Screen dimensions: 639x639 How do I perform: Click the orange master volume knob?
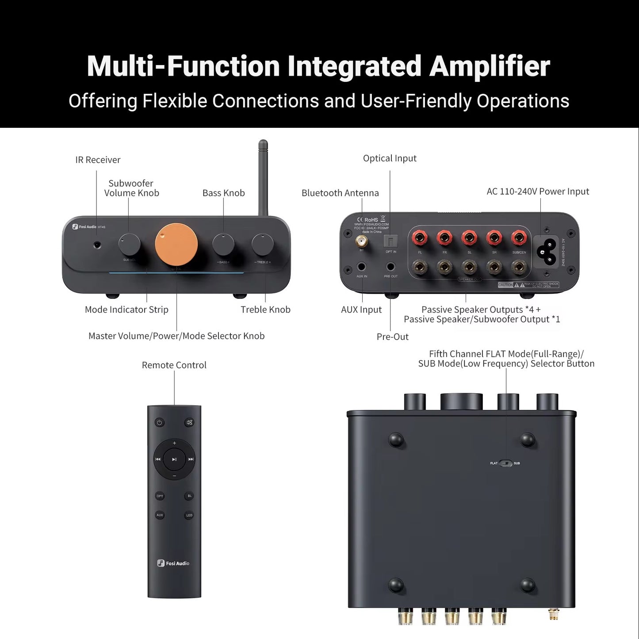[176, 245]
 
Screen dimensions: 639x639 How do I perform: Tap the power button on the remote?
[160, 422]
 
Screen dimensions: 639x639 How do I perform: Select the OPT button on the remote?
[160, 496]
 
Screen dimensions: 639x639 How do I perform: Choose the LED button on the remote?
[189, 515]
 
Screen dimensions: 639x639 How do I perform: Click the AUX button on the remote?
[160, 515]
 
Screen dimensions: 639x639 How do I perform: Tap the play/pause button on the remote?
[174, 459]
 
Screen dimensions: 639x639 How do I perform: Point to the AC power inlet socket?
[547, 251]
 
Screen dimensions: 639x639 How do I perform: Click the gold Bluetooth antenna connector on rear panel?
[362, 241]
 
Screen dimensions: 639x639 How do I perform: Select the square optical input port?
[391, 241]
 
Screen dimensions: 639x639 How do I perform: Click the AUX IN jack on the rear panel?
[362, 267]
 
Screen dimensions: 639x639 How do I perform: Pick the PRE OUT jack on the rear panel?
[391, 267]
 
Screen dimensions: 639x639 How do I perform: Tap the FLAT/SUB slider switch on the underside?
[505, 463]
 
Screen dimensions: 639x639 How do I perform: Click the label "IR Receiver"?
[98, 160]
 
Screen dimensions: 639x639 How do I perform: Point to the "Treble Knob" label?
[265, 310]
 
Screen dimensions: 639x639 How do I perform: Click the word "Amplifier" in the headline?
[490, 66]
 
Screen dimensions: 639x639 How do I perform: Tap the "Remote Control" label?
[174, 365]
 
